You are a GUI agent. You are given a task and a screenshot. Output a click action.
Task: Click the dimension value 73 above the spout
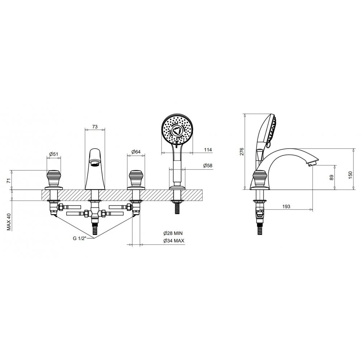click(95, 126)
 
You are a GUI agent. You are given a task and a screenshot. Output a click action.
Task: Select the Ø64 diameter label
click(136, 152)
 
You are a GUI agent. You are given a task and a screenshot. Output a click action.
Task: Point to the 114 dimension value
click(208, 150)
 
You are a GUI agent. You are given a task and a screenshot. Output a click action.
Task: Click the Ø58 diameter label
click(207, 165)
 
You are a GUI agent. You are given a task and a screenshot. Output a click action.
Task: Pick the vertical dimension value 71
click(9, 181)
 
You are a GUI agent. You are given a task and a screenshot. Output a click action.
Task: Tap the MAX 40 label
click(9, 222)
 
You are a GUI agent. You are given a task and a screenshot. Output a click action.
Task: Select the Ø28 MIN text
click(173, 233)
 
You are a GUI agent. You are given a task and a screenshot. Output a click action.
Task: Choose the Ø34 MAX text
click(174, 241)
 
